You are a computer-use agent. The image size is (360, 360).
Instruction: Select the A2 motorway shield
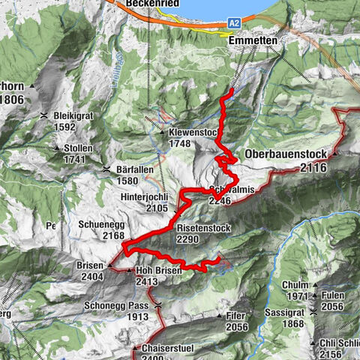click(x=234, y=23)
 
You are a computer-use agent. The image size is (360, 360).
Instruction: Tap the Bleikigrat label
click(x=79, y=115)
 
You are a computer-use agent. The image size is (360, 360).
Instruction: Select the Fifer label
click(x=235, y=316)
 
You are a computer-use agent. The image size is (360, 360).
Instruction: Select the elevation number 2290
click(x=190, y=238)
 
